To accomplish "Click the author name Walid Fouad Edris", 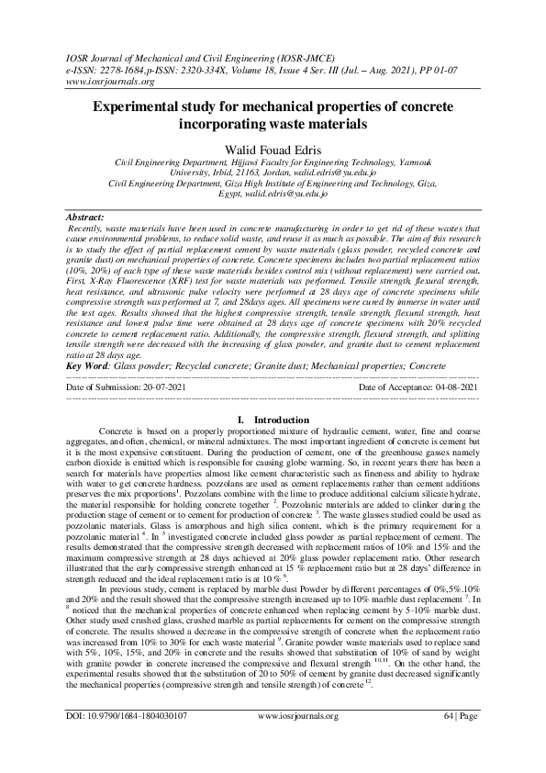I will (x=273, y=147).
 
